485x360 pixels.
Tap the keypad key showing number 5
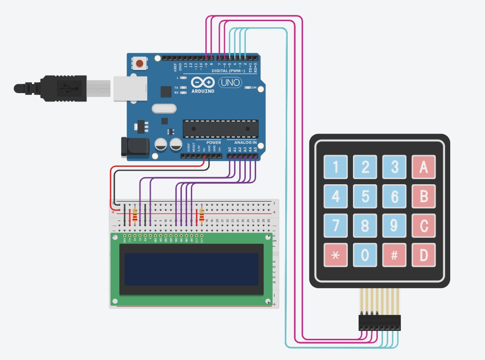coord(365,196)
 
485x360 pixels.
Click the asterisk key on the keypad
coord(336,255)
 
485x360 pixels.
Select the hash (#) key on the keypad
coord(394,255)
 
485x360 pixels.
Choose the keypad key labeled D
coord(424,255)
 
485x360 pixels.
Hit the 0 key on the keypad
coord(365,255)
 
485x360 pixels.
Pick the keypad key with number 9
coord(394,226)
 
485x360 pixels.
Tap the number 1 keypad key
coord(336,166)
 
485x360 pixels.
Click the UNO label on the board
coord(230,83)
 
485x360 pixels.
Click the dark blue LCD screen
coord(191,269)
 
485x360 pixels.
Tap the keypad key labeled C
coord(424,226)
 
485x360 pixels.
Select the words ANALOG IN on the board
coord(245,142)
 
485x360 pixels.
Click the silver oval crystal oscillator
coord(164,109)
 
